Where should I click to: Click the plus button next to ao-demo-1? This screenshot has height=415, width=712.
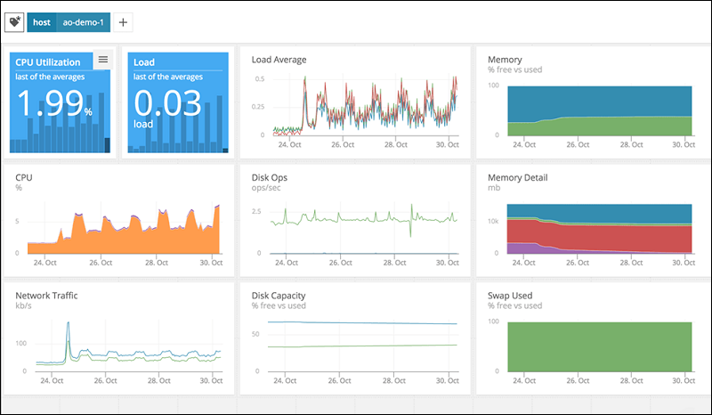click(124, 21)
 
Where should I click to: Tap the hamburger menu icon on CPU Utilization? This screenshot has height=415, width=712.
click(103, 60)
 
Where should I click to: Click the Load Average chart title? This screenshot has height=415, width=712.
click(279, 60)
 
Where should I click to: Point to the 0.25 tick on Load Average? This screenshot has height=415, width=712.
click(258, 108)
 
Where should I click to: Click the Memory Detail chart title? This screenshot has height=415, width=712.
click(518, 177)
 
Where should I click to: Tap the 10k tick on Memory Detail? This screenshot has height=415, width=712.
click(495, 220)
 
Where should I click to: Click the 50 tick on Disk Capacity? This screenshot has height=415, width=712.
click(258, 335)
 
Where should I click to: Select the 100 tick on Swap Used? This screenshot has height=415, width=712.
click(494, 321)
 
